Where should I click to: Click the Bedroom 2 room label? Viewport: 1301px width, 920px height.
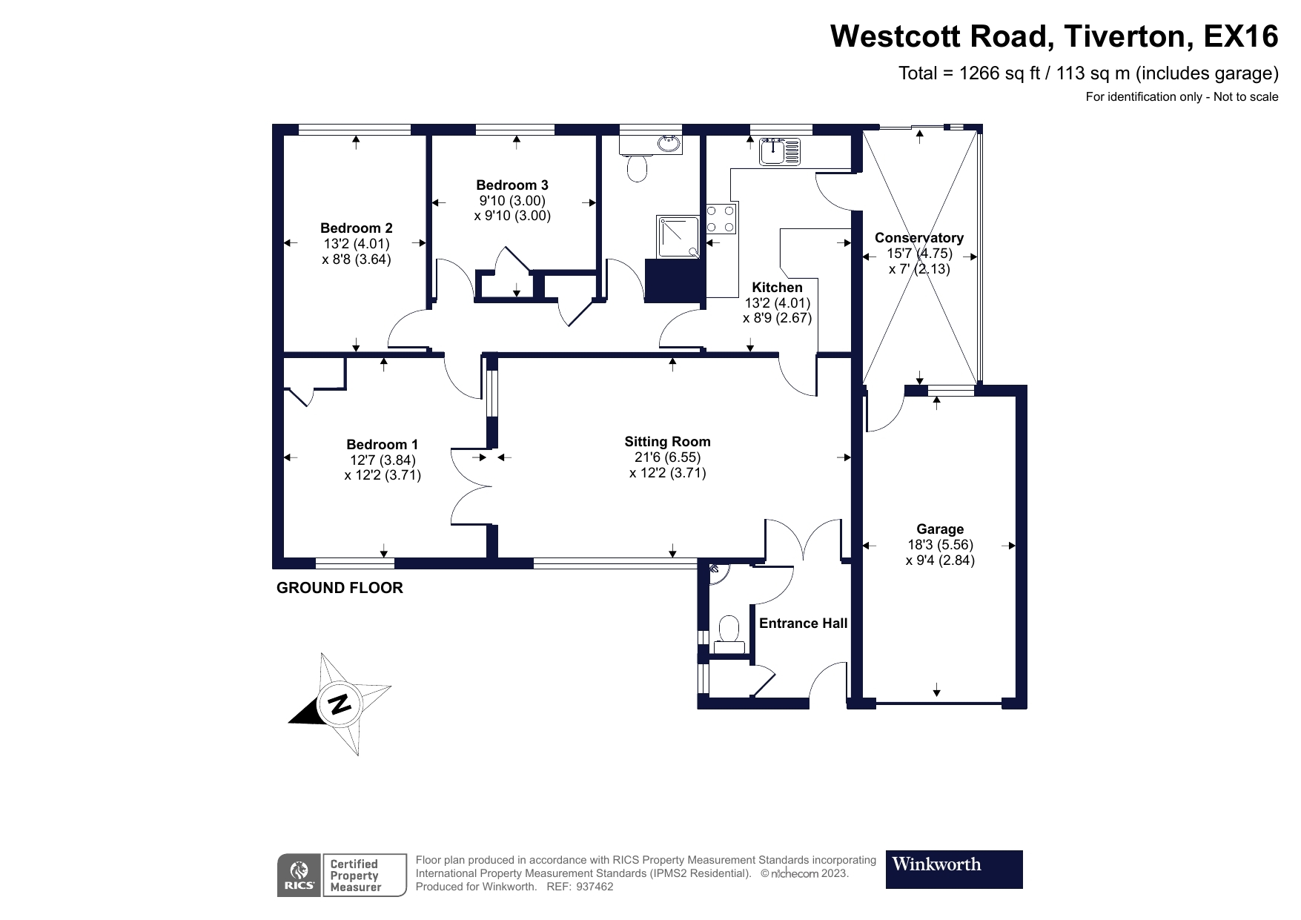click(x=356, y=228)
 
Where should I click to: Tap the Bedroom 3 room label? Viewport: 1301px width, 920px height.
click(x=512, y=185)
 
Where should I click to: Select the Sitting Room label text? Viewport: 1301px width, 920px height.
click(x=667, y=442)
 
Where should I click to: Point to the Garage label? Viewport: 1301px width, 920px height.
click(x=939, y=529)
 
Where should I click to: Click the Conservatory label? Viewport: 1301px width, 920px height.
click(x=918, y=238)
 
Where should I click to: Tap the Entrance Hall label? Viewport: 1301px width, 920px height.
click(x=803, y=623)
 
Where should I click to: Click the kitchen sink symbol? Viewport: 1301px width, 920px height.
click(x=779, y=152)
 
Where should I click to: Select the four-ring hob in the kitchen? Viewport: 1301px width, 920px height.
click(x=721, y=219)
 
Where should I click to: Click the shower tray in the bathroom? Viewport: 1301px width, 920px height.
click(x=676, y=236)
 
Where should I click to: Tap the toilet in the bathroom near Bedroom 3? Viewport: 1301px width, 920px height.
click(x=637, y=168)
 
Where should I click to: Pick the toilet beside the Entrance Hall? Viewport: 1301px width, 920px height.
click(x=729, y=632)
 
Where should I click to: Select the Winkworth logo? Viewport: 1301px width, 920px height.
click(x=953, y=869)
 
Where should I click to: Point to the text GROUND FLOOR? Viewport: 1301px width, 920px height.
click(x=340, y=588)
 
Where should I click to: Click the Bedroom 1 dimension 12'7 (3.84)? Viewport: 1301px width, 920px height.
click(x=383, y=460)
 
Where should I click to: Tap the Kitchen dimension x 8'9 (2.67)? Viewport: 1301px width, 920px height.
click(x=777, y=318)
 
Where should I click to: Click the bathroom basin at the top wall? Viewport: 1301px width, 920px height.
click(x=669, y=142)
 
